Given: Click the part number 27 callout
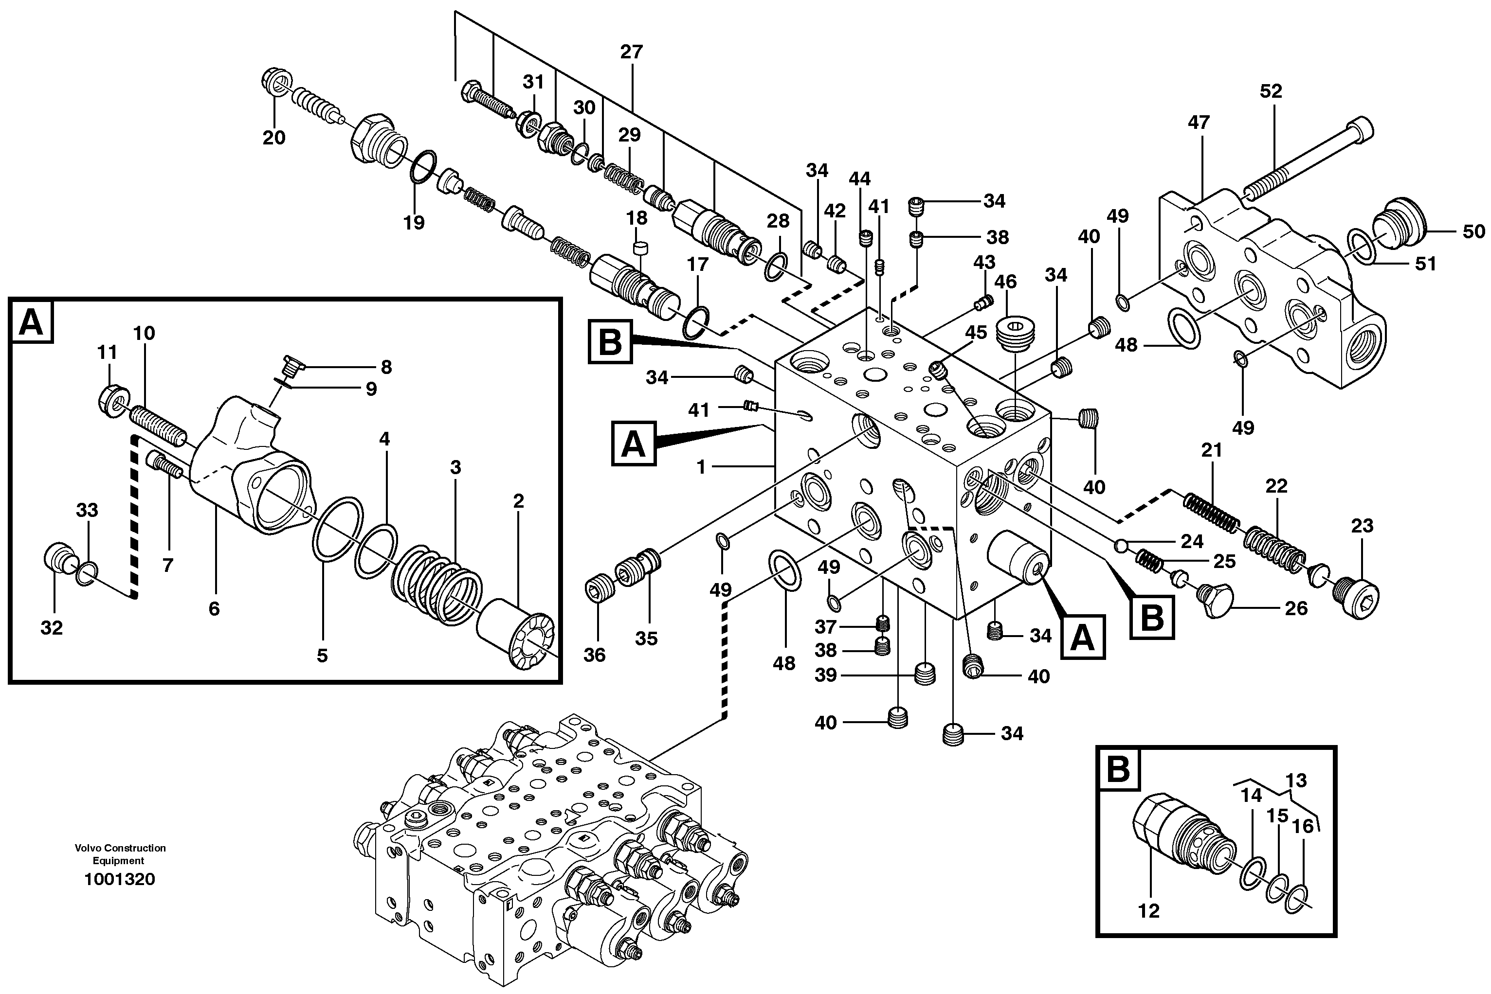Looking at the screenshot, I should (631, 52).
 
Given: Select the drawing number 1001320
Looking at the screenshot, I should (119, 879).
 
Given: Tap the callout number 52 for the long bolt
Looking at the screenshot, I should (1270, 91).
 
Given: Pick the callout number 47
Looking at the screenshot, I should (1198, 123).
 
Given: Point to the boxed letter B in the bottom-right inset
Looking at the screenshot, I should (1118, 769).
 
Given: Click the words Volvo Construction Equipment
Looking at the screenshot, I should (120, 854).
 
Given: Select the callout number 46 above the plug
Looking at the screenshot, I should (1005, 282).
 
